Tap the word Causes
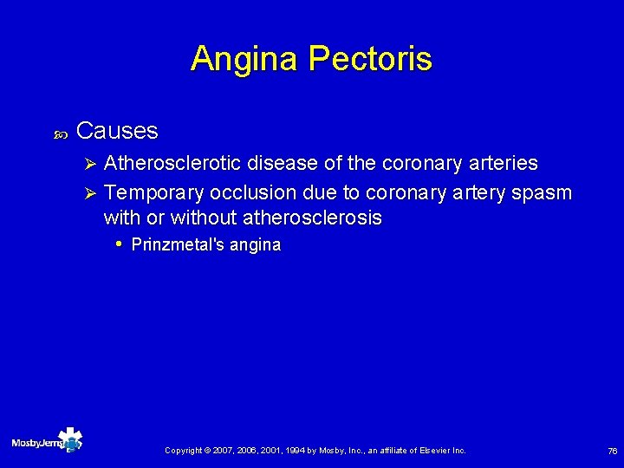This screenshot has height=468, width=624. (x=117, y=131)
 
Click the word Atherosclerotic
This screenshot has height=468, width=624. (x=172, y=163)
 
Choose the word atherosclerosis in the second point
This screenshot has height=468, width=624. (x=313, y=218)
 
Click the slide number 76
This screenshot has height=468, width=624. (x=612, y=451)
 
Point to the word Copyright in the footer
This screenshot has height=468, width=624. (x=184, y=451)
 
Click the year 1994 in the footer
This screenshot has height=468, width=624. (x=290, y=451)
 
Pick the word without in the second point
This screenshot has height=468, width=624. (x=204, y=218)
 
